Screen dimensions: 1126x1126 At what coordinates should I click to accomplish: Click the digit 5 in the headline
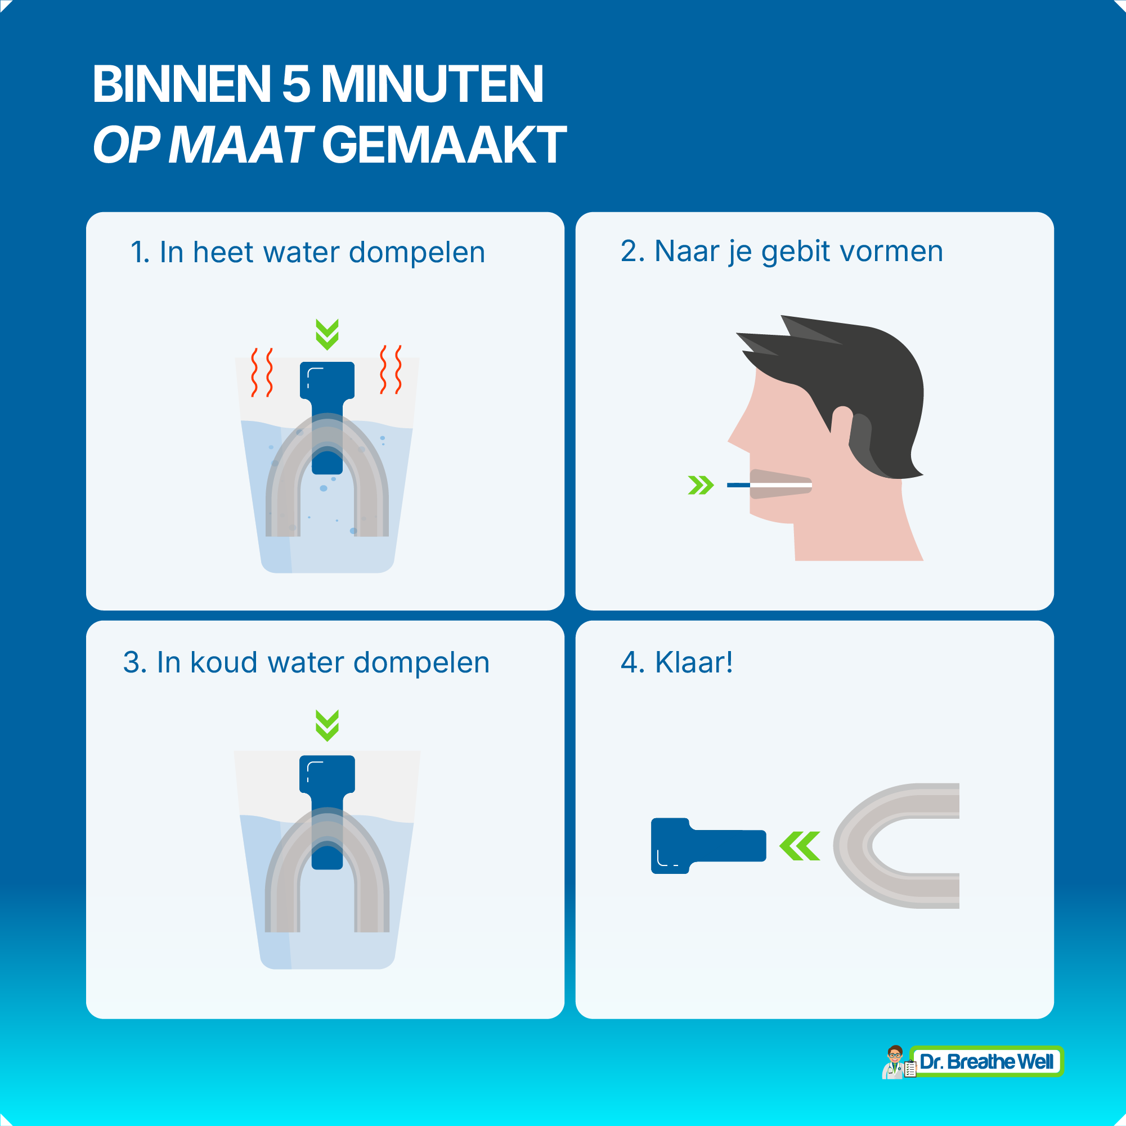click(296, 84)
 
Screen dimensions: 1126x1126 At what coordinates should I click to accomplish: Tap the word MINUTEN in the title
click(432, 84)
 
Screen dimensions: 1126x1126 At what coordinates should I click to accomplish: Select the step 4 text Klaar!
click(693, 662)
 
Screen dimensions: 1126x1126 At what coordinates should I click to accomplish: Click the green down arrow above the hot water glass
click(327, 334)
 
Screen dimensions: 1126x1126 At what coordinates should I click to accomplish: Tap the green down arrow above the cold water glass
click(327, 725)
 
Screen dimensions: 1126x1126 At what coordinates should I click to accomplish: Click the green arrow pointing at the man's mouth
click(701, 485)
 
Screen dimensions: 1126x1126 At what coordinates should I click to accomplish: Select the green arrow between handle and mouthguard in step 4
click(800, 846)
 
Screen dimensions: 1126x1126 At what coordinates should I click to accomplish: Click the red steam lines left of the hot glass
click(262, 373)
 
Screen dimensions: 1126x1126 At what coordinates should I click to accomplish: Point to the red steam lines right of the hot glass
click(391, 370)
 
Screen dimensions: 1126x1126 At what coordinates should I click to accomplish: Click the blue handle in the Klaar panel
click(708, 846)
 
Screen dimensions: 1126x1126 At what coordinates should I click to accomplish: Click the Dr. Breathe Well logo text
click(986, 1061)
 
